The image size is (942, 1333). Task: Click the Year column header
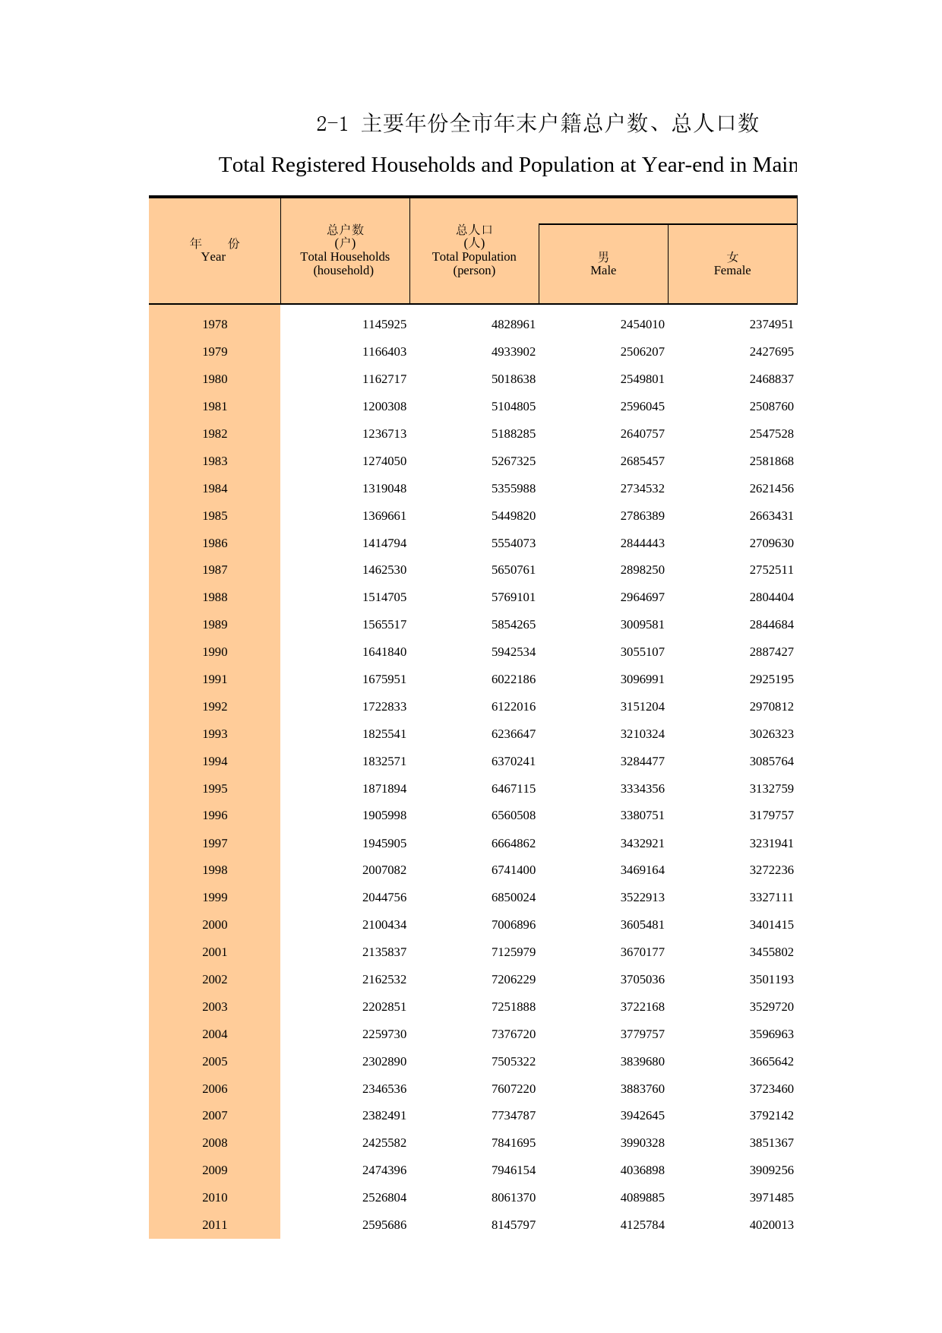[x=214, y=250]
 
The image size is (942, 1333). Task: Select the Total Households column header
[x=345, y=250]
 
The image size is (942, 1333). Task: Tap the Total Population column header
[x=474, y=250]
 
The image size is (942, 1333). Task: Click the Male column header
[x=603, y=264]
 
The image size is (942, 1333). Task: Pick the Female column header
[x=732, y=264]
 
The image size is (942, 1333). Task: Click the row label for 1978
[x=215, y=325]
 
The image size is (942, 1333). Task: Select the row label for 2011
[x=215, y=1225]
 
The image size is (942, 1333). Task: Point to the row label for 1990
[x=215, y=652]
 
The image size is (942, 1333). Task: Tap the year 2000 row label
[x=215, y=925]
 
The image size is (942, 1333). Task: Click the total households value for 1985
[x=384, y=516]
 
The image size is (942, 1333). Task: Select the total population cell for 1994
[x=514, y=761]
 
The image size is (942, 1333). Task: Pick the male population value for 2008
[x=643, y=1143]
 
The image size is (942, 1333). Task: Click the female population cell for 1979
[x=772, y=352]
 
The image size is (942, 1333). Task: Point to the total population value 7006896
[x=514, y=925]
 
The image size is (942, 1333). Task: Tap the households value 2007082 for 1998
[x=384, y=870]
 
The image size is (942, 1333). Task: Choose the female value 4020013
[x=772, y=1225]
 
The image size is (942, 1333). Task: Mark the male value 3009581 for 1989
[x=643, y=625]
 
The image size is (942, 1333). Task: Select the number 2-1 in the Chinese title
[x=332, y=123]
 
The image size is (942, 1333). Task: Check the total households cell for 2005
[x=384, y=1062]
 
